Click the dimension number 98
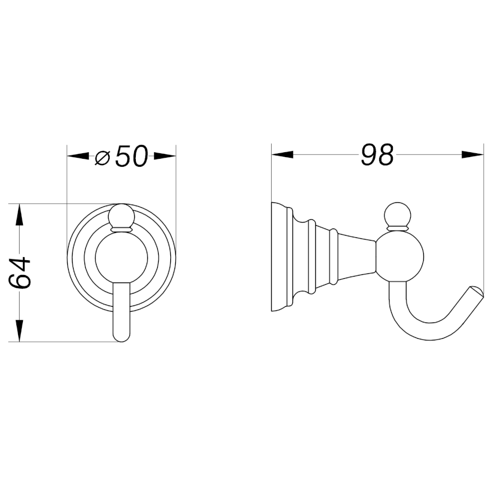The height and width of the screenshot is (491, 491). coord(377,155)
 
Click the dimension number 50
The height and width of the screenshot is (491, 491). coord(131,155)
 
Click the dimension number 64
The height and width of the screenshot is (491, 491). coord(20,273)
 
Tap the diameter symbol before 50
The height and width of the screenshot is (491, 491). coord(103,157)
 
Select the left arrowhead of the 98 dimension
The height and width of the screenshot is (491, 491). coord(282,154)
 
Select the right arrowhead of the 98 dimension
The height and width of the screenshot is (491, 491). coord(473,154)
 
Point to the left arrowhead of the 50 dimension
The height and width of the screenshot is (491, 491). coord(78,155)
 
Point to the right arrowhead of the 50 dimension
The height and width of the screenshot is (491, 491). coord(165,155)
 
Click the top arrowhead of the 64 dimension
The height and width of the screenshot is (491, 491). coord(20,215)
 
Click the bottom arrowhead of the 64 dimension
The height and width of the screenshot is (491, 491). coord(20,331)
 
